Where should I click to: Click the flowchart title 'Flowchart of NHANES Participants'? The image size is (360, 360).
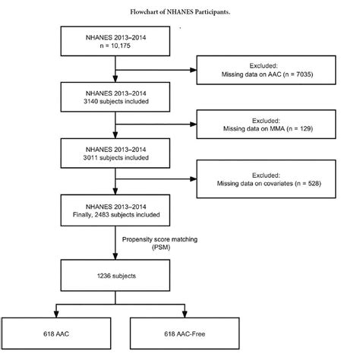(180, 10)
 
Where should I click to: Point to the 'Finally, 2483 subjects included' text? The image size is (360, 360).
(114, 210)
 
